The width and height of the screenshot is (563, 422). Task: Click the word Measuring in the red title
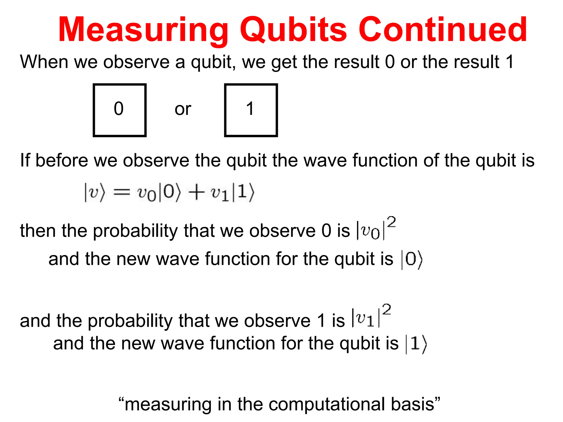coord(143,30)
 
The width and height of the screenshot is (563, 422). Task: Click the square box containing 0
coord(120,110)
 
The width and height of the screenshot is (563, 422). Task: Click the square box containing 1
coord(251,110)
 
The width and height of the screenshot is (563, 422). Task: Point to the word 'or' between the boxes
coord(183,109)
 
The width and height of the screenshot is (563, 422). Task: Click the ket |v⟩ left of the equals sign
coord(95,193)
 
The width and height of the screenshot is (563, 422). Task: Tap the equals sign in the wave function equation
coord(122,193)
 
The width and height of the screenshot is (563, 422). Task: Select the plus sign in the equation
coord(196,193)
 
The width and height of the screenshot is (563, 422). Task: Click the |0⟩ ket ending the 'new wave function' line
coord(412,260)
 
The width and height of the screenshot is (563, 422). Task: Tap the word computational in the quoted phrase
coord(327,404)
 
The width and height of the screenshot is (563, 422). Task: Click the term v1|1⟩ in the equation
coord(233,193)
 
